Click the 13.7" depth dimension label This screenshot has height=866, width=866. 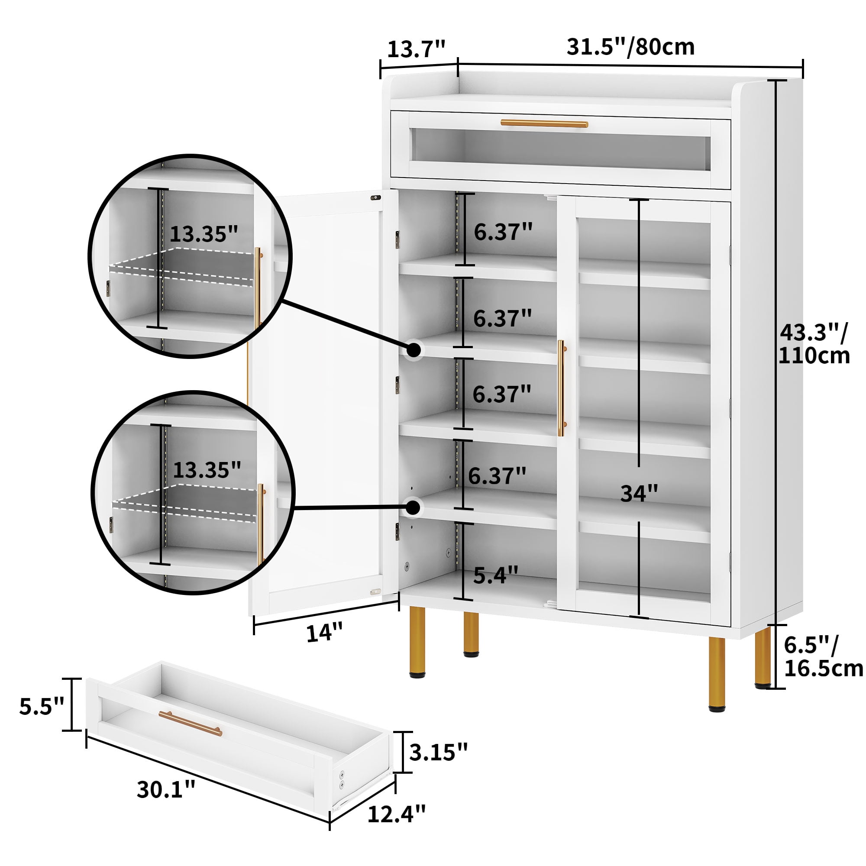416,49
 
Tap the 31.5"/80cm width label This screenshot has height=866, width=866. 631,47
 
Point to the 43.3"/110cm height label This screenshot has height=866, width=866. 814,344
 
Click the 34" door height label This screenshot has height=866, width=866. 639,494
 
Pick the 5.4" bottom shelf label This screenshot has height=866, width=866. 496,575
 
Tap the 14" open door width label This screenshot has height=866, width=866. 324,633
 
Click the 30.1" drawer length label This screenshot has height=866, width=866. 166,789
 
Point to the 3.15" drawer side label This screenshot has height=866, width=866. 438,752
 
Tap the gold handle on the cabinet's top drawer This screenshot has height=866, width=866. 544,124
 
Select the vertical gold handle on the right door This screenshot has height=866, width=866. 562,388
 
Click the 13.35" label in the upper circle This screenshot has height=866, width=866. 204,233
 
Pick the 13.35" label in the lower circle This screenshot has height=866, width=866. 207,469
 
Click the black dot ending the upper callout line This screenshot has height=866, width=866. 414,349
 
